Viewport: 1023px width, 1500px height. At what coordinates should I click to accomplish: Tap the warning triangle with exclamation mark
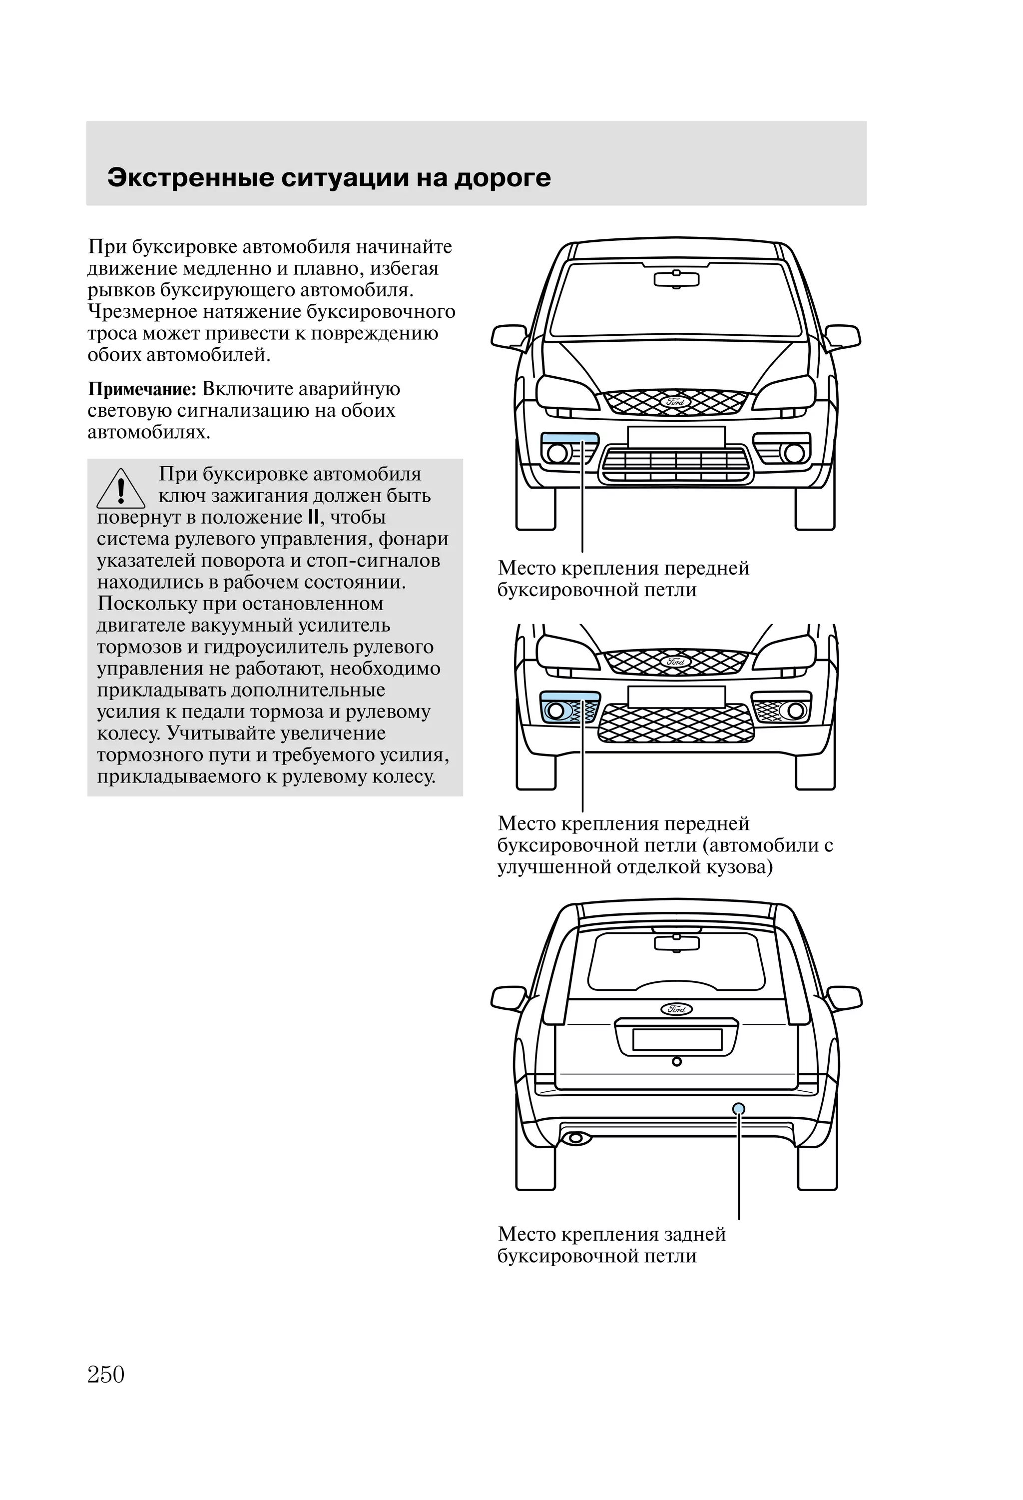pyautogui.click(x=121, y=490)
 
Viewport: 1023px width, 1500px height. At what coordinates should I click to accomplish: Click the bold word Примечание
pyautogui.click(x=141, y=389)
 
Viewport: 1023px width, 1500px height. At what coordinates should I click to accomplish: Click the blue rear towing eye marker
pyautogui.click(x=738, y=1109)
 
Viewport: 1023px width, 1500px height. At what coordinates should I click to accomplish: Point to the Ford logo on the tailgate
pyautogui.click(x=676, y=1008)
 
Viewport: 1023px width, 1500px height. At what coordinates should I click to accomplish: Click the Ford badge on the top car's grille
pyautogui.click(x=676, y=401)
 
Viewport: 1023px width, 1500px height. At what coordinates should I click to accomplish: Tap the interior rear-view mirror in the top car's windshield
pyautogui.click(x=676, y=279)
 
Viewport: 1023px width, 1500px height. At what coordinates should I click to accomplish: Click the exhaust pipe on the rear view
pyautogui.click(x=575, y=1138)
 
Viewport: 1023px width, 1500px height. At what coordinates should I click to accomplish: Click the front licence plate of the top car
pyautogui.click(x=676, y=436)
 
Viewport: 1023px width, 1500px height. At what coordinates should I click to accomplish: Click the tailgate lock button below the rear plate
pyautogui.click(x=676, y=1061)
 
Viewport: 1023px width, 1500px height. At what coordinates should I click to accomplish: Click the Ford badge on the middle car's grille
pyautogui.click(x=676, y=661)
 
